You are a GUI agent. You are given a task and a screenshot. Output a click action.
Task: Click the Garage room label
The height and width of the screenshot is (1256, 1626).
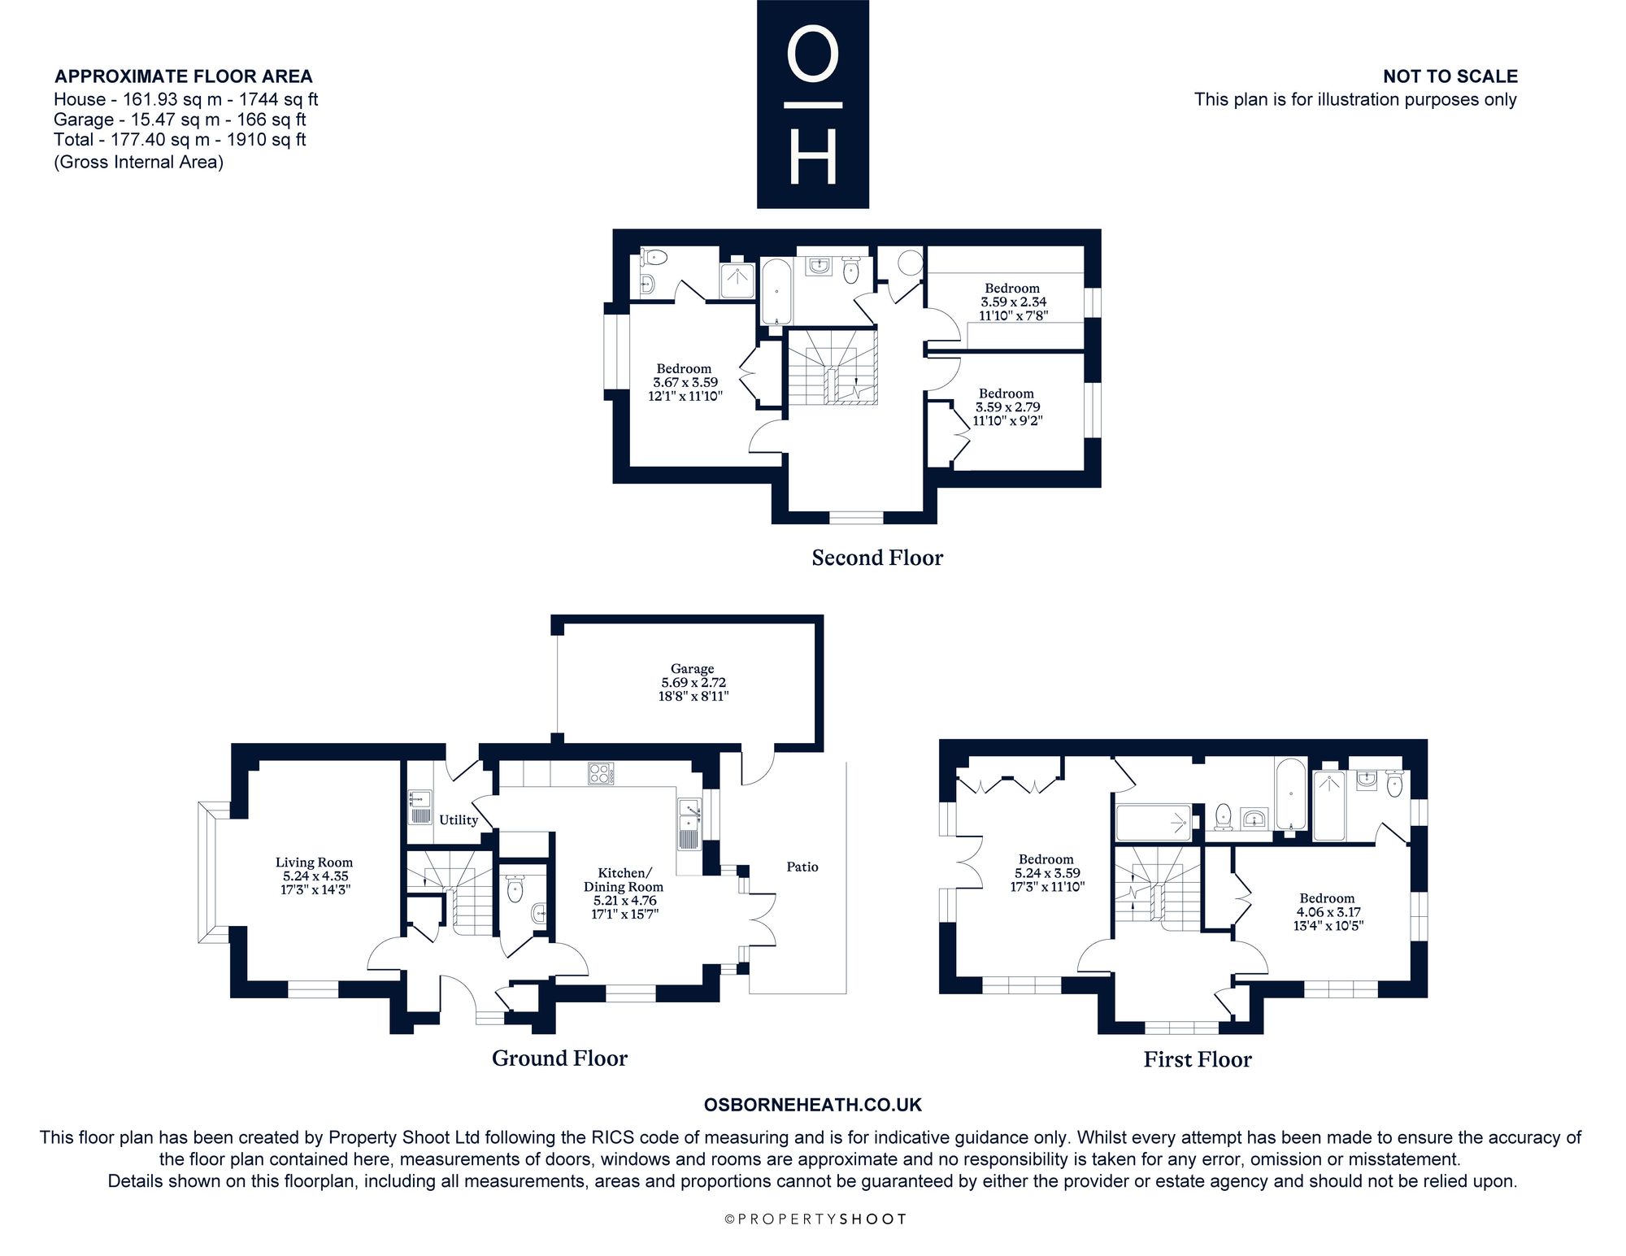[x=693, y=669]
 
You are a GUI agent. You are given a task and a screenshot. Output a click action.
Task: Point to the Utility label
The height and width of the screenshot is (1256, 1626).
[x=459, y=819]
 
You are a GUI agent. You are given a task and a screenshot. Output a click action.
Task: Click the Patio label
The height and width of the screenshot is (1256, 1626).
[x=802, y=867]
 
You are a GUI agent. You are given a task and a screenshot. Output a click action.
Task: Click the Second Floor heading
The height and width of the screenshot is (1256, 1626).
[x=877, y=558]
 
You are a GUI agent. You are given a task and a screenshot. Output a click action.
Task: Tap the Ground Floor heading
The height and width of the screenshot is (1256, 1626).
[x=559, y=1058]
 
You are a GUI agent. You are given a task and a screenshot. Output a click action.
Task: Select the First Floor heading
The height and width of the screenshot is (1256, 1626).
[x=1198, y=1059]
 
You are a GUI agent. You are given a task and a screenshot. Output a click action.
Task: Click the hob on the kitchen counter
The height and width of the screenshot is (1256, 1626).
[x=600, y=772]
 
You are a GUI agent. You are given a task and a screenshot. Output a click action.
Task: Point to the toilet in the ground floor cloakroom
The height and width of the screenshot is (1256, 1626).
[x=515, y=889]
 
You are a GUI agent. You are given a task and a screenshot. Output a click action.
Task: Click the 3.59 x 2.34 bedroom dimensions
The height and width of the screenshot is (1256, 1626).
[x=1012, y=302]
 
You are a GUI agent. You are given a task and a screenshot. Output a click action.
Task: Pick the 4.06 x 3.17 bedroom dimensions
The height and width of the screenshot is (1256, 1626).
[x=1328, y=912]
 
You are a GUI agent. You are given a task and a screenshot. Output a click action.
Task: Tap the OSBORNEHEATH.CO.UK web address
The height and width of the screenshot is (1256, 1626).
[x=812, y=1105]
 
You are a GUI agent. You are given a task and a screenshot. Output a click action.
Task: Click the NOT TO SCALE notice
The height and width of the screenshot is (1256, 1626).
[x=1450, y=76]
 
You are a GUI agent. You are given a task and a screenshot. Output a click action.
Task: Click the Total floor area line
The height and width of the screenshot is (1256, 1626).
[x=180, y=139]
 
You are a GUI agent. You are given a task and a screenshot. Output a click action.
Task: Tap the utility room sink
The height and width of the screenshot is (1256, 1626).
[x=420, y=807]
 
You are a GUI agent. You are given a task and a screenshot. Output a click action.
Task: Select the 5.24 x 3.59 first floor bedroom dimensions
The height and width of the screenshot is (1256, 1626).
[x=1046, y=873]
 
